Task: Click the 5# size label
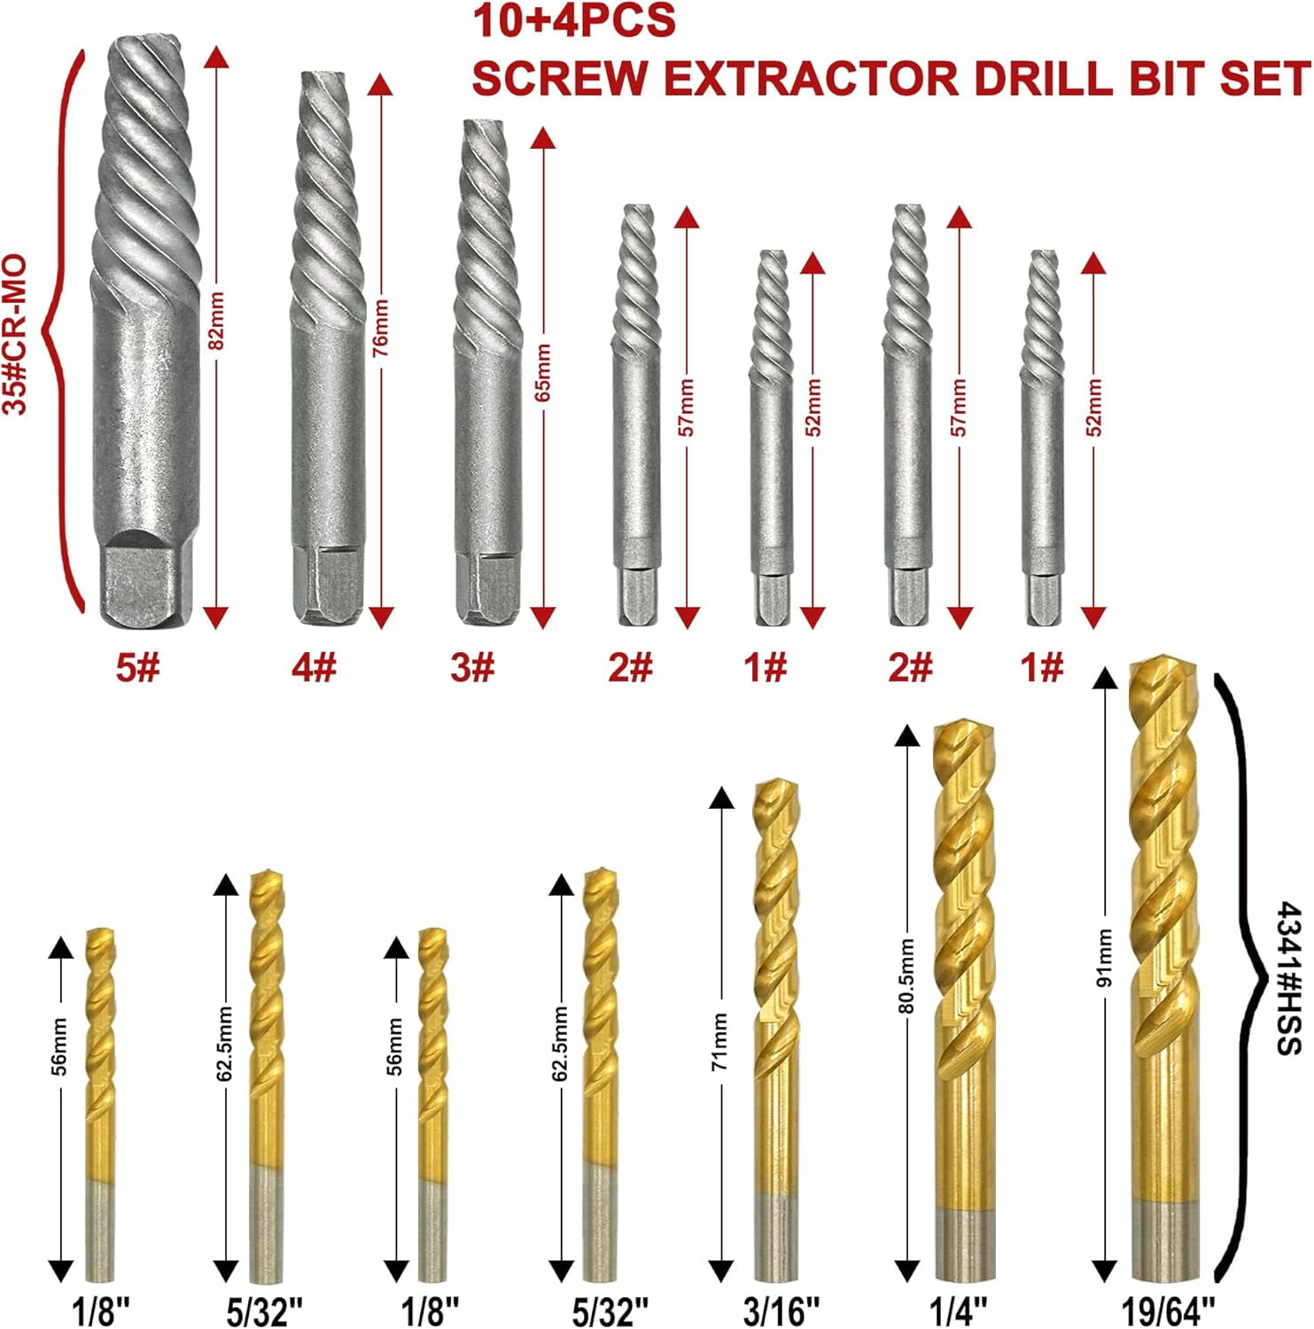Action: (x=138, y=667)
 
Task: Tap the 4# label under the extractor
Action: (x=314, y=667)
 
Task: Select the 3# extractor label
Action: (x=471, y=667)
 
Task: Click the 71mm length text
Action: (x=719, y=1041)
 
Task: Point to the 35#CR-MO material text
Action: (x=16, y=335)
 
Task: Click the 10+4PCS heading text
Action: (x=573, y=21)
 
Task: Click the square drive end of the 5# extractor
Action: (x=138, y=580)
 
